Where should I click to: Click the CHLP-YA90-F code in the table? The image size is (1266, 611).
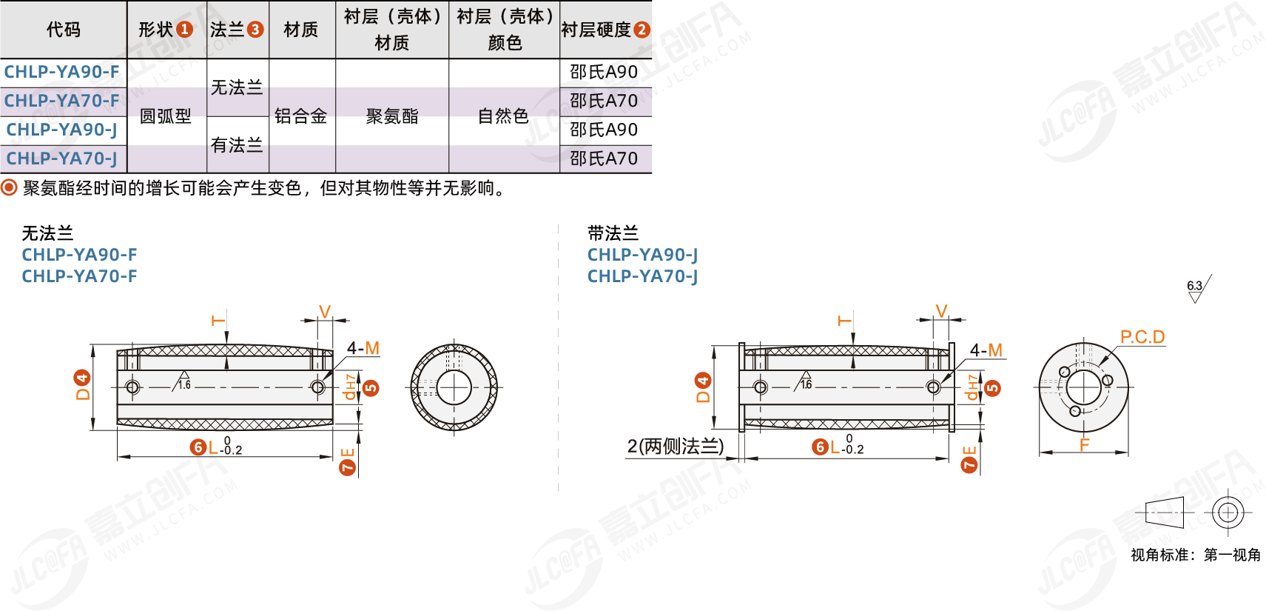coord(61,72)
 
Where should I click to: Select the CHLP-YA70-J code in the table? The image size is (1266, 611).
coord(61,158)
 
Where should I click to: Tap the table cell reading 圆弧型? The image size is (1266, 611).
coord(166,116)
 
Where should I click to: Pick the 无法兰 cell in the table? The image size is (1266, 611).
coord(237,87)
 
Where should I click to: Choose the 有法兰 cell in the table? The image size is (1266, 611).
coord(237,145)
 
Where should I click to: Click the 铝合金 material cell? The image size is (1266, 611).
coord(301,116)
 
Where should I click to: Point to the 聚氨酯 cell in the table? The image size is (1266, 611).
coord(392,116)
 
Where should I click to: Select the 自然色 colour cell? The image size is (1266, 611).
coord(504,116)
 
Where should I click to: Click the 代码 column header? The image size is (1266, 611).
coord(64,30)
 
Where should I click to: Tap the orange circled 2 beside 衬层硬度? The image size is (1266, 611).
coord(642,30)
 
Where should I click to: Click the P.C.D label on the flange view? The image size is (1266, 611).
coord(1142,338)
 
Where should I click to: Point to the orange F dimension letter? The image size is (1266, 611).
coord(1084,445)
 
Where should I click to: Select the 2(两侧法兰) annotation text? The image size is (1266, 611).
coord(675,447)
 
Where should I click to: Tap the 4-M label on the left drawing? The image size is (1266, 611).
coord(363,348)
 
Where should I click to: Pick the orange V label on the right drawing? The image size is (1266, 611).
coord(941,311)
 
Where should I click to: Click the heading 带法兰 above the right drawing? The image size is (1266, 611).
coord(613,233)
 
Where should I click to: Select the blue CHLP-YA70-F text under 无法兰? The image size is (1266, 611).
coord(79,276)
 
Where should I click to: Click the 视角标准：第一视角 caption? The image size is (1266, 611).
coord(1195,555)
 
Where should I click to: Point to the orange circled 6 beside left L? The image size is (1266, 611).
coord(198,447)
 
